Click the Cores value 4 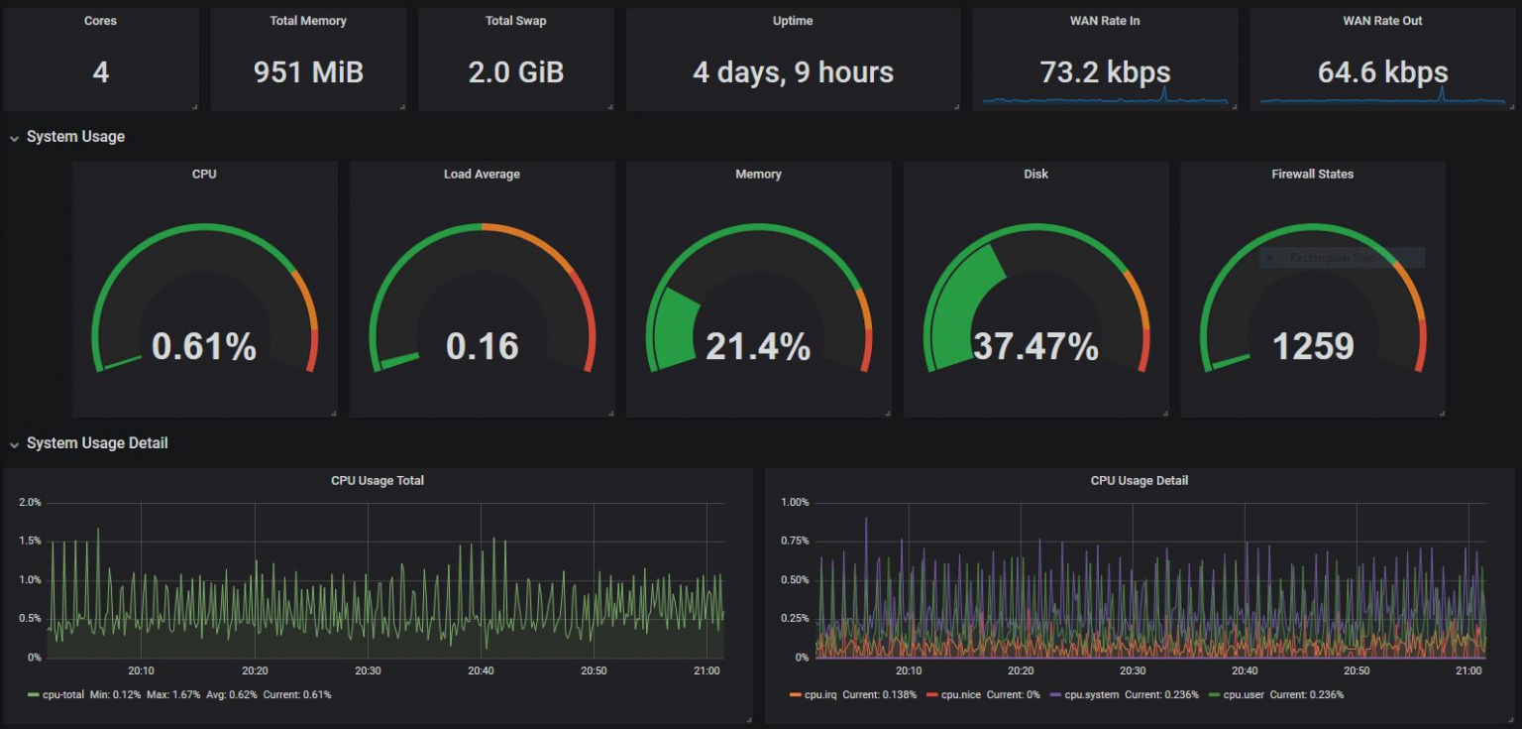100,72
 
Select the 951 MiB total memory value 308,72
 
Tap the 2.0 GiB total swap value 515,72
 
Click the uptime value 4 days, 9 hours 793,72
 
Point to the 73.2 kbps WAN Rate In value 1105,72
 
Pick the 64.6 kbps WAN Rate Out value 1382,72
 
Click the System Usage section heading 75,137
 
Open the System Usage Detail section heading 97,443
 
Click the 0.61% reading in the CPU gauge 204,346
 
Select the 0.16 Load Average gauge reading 482,346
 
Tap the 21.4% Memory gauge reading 758,346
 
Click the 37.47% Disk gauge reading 1035,346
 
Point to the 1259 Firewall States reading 1313,346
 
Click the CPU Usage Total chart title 378,481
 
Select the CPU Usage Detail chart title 1139,481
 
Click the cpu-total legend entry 62,695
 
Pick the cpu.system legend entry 1091,695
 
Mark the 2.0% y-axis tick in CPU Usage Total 30,503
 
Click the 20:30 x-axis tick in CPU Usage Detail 1133,671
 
